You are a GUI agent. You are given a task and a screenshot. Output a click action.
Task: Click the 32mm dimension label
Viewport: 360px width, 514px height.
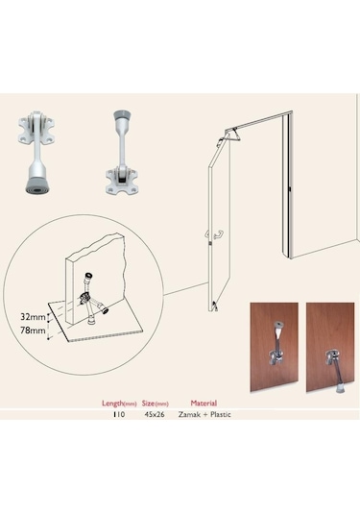33,317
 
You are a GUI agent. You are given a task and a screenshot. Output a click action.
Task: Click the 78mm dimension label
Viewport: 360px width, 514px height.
33,330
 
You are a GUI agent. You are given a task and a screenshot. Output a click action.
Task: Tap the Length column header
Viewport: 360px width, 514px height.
119,404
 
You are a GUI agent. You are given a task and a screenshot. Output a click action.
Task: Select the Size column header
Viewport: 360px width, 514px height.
155,404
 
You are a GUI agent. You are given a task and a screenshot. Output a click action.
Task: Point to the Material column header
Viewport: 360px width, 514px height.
204,404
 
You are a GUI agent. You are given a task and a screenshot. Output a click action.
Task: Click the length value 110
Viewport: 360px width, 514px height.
119,414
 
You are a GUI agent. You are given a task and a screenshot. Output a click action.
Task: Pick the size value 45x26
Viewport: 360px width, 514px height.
155,414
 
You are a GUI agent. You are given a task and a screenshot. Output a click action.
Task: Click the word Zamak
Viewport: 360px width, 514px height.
189,414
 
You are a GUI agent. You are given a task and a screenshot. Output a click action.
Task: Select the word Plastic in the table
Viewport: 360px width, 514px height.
221,414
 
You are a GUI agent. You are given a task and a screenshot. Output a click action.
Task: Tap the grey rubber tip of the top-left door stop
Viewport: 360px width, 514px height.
37,185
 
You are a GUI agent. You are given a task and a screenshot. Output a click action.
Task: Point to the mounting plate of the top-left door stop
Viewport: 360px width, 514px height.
36,130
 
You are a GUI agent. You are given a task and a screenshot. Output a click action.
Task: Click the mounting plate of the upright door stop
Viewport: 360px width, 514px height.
120,181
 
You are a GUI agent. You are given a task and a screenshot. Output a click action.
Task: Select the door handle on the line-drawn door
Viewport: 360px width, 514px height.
215,234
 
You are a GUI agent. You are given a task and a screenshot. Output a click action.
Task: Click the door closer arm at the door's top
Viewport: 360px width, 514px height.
231,136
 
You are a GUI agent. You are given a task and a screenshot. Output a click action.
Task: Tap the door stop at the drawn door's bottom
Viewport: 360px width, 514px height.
214,306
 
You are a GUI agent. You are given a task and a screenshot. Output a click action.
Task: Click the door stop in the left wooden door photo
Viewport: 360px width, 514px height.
276,344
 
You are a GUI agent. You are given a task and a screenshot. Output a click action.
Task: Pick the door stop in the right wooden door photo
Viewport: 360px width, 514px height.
334,370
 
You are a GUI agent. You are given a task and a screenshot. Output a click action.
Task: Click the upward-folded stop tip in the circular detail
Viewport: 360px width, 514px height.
87,276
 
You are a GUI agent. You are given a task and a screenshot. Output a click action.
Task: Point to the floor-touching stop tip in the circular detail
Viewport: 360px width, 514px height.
91,321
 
